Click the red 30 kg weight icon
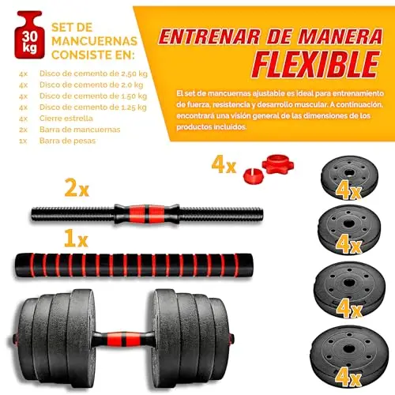pyautogui.click(x=30, y=35)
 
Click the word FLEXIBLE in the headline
pyautogui.click(x=316, y=65)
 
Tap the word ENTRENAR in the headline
pyautogui.click(x=209, y=36)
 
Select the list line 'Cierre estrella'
pyautogui.click(x=66, y=118)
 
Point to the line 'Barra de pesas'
pyautogui.click(x=67, y=141)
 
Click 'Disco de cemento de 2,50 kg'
pyautogui.click(x=93, y=73)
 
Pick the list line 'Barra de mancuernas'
pyautogui.click(x=80, y=130)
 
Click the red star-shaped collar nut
pyautogui.click(x=278, y=164)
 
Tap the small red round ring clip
pyautogui.click(x=253, y=176)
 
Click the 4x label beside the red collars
pyautogui.click(x=224, y=164)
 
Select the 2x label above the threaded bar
pyautogui.click(x=77, y=187)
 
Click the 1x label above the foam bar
pyautogui.click(x=76, y=238)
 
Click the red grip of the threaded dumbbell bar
pyautogui.click(x=147, y=214)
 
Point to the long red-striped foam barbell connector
pyautogui.click(x=134, y=265)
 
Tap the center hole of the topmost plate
pyautogui.click(x=349, y=173)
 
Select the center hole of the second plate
pyautogui.click(x=348, y=224)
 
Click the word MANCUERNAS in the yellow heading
pyautogui.click(x=94, y=41)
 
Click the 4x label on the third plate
pyautogui.click(x=348, y=309)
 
